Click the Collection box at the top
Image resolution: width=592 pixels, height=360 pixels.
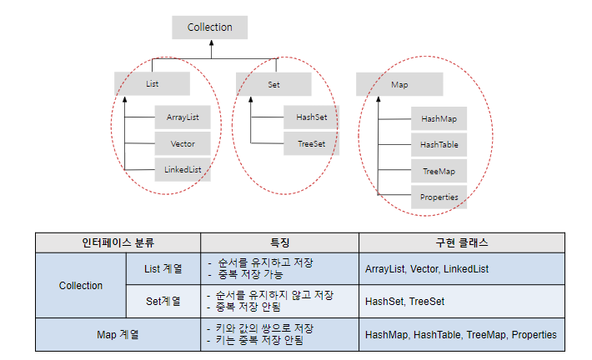[209, 27]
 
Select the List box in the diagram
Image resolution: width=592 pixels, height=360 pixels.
[152, 83]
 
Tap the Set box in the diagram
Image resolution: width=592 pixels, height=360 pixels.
[273, 83]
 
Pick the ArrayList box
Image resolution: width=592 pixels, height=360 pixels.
[183, 117]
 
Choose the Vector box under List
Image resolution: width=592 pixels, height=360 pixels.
[183, 143]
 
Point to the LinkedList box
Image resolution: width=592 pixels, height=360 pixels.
[183, 169]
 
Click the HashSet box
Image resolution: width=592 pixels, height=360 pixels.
[311, 117]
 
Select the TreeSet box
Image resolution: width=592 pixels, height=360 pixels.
[311, 143]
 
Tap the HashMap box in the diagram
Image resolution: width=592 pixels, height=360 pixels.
[439, 119]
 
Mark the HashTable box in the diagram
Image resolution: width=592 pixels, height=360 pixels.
[439, 144]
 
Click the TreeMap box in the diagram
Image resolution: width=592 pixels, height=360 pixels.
[439, 171]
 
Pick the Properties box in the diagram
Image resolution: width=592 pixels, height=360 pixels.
[439, 197]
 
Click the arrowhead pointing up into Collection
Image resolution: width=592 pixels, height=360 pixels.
[210, 43]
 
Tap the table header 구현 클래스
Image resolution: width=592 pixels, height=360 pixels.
[461, 243]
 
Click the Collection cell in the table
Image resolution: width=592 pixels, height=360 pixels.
[81, 285]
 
